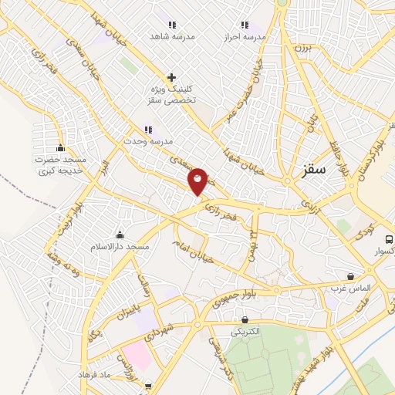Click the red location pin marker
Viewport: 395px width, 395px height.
[x=198, y=181]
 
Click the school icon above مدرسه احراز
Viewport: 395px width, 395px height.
[x=245, y=25]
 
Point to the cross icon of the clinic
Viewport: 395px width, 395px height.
[x=172, y=77]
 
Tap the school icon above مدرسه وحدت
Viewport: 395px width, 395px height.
[x=148, y=130]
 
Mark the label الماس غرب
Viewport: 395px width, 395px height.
[x=352, y=288]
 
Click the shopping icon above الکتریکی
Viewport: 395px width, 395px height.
[x=245, y=319]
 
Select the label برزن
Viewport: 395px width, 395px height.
[x=300, y=48]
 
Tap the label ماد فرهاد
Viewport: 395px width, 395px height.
[x=94, y=374]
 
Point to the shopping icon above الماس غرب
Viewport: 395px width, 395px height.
[x=351, y=275]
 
